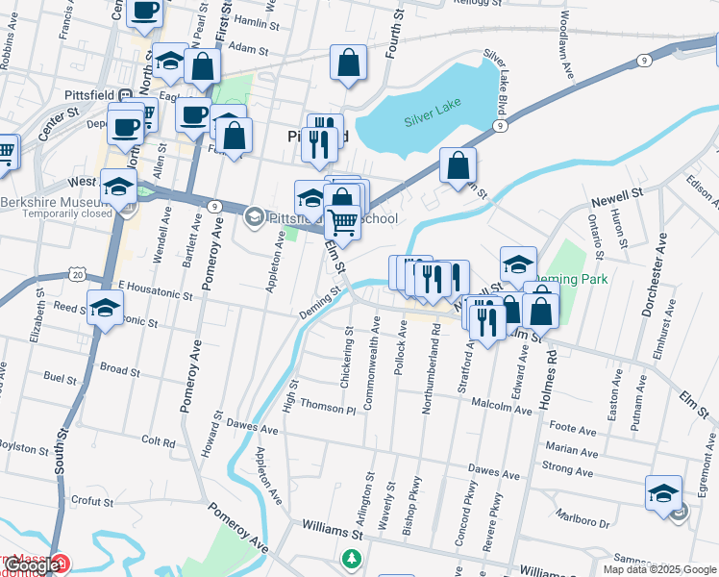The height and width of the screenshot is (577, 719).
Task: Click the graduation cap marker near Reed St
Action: [105, 310]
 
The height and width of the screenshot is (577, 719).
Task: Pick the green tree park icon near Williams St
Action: [353, 557]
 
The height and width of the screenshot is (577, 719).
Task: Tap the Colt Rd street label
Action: [158, 442]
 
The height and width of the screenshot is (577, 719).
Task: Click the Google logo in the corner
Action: [33, 565]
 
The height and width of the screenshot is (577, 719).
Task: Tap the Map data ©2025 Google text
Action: [658, 569]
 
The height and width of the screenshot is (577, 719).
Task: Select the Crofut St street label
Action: [91, 501]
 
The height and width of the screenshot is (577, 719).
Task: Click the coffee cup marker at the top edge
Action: [144, 12]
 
